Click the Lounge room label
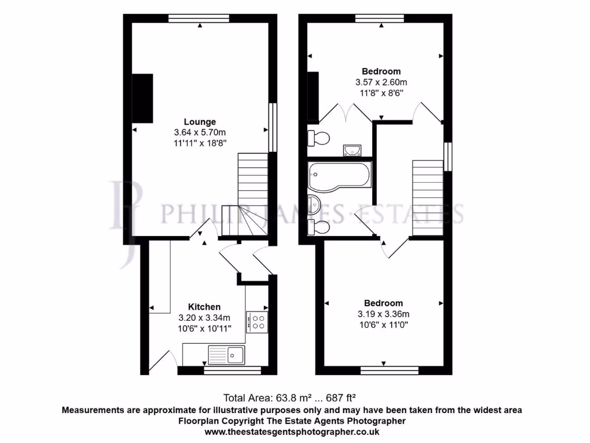point(200,122)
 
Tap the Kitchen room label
point(204,307)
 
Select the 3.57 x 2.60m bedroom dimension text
point(381,82)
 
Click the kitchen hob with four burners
point(256,322)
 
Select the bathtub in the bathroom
point(340,175)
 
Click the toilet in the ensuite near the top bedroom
point(318,138)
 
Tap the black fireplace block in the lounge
point(143,98)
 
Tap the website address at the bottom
point(292,431)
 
